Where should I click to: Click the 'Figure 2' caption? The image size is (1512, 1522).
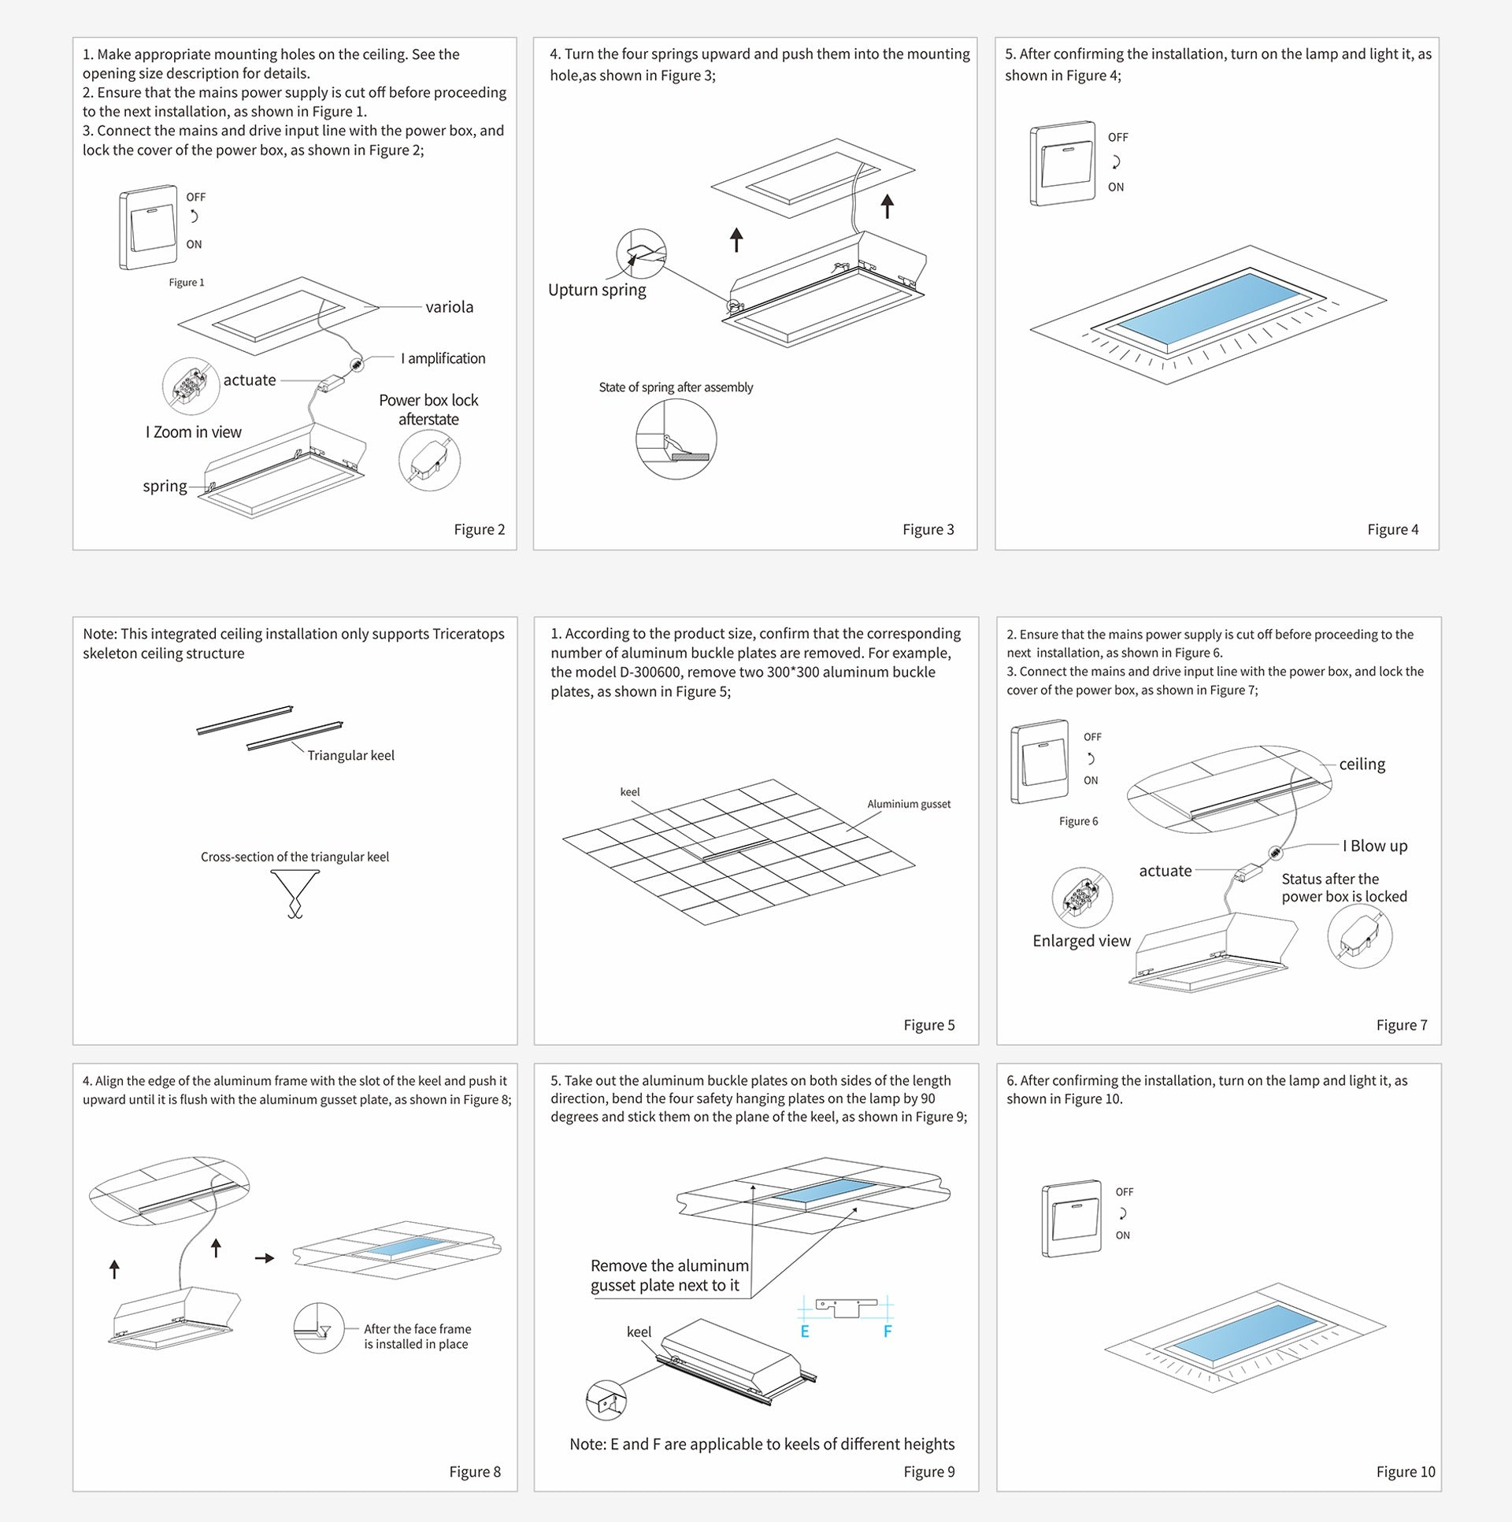[479, 529]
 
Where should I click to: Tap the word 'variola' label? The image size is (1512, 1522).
[449, 307]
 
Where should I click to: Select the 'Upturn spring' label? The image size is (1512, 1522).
[596, 290]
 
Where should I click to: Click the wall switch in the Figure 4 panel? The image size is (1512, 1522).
[1062, 164]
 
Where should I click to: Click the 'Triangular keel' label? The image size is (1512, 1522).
[350, 755]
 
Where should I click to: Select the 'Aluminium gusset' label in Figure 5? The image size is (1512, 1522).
[909, 805]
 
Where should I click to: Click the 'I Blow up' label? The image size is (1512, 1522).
[1375, 846]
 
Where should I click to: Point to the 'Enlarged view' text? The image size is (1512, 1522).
[1081, 941]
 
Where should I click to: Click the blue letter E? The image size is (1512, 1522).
[805, 1331]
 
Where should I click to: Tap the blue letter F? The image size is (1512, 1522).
[888, 1331]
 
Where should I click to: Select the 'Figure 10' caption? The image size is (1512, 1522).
[1405, 1472]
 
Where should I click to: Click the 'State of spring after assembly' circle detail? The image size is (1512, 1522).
[676, 439]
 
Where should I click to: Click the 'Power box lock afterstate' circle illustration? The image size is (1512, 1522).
[429, 461]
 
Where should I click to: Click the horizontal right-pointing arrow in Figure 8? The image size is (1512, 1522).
[265, 1258]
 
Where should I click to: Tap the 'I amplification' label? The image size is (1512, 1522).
[443, 358]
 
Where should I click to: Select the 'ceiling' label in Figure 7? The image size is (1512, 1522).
[1362, 765]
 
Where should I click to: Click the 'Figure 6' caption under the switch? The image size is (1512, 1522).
[1078, 822]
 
